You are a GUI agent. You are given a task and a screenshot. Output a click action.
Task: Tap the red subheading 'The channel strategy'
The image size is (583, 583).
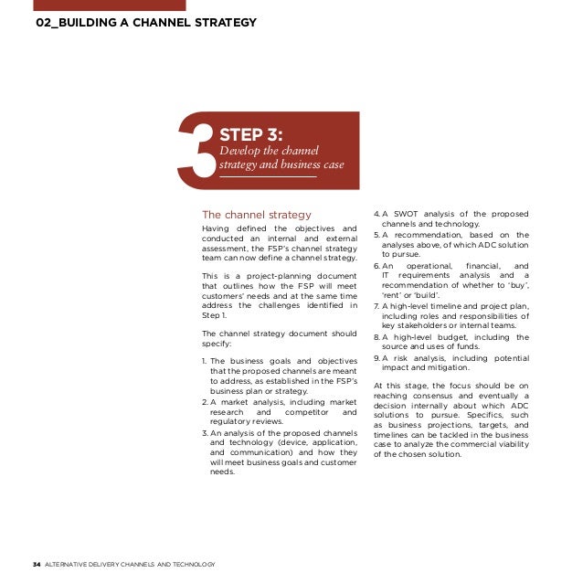click(x=257, y=216)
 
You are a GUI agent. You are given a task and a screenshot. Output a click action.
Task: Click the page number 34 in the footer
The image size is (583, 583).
click(x=37, y=564)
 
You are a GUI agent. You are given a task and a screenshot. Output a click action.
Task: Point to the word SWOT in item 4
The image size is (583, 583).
click(x=404, y=214)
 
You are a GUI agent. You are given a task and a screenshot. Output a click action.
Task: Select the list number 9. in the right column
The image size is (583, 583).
click(x=376, y=358)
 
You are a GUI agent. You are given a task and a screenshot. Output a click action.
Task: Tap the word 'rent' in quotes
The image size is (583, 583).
click(x=392, y=295)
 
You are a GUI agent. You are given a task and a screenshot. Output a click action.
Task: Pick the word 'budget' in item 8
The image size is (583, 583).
click(x=446, y=337)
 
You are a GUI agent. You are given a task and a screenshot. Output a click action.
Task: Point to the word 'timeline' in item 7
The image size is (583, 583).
click(x=444, y=305)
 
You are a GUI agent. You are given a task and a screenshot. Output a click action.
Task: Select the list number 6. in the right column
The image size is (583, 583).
click(x=376, y=265)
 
